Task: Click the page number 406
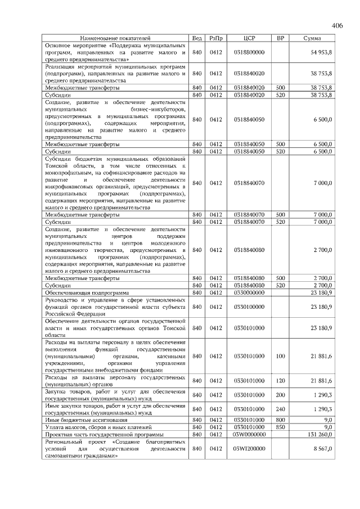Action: [x=337, y=25]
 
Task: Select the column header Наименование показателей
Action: [x=116, y=38]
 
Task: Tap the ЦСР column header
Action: [x=249, y=38]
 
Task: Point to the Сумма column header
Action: [x=312, y=38]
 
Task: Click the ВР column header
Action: [x=281, y=38]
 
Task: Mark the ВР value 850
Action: [x=281, y=427]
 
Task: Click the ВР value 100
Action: [x=281, y=355]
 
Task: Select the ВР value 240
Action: [x=281, y=409]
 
